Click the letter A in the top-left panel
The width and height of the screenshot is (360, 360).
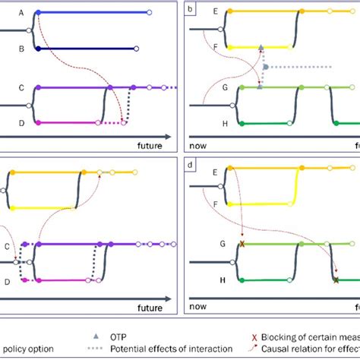tap(21, 13)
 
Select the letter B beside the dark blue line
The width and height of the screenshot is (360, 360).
tap(21, 49)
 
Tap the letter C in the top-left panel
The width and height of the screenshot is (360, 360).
tap(21, 88)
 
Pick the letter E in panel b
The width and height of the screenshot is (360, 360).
tap(216, 12)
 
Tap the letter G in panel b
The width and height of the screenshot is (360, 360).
tap(216, 88)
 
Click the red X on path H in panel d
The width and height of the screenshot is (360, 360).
tap(336, 280)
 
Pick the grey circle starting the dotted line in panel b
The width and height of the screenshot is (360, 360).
tap(264, 67)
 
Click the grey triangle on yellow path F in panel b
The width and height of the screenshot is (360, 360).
tap(261, 47)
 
